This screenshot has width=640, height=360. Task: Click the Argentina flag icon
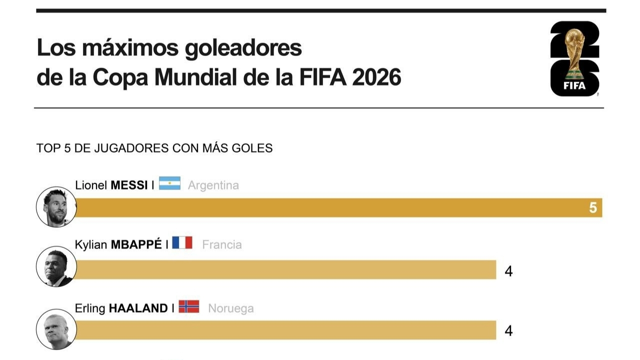click(169, 183)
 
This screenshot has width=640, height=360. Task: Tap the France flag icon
click(182, 242)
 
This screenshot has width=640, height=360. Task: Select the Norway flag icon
click(189, 306)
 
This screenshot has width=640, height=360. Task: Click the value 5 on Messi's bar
click(593, 207)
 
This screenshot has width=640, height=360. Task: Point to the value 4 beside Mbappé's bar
click(508, 271)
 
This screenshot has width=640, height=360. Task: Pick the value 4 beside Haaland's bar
click(508, 331)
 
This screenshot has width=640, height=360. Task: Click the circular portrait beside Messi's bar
click(56, 207)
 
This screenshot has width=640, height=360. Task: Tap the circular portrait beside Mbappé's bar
click(56, 266)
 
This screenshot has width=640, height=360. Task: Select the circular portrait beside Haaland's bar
click(56, 329)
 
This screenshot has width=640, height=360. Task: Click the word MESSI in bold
click(129, 185)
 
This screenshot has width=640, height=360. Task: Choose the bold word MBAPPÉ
click(136, 244)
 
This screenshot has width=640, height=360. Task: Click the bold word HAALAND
click(138, 308)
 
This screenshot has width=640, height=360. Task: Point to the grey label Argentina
click(213, 185)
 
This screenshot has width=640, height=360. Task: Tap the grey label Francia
click(222, 245)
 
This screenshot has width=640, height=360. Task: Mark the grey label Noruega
click(231, 308)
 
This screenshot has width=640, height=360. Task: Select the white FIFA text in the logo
click(574, 85)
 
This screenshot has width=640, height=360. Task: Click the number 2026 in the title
click(376, 77)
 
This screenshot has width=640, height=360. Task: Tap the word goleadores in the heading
click(243, 48)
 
